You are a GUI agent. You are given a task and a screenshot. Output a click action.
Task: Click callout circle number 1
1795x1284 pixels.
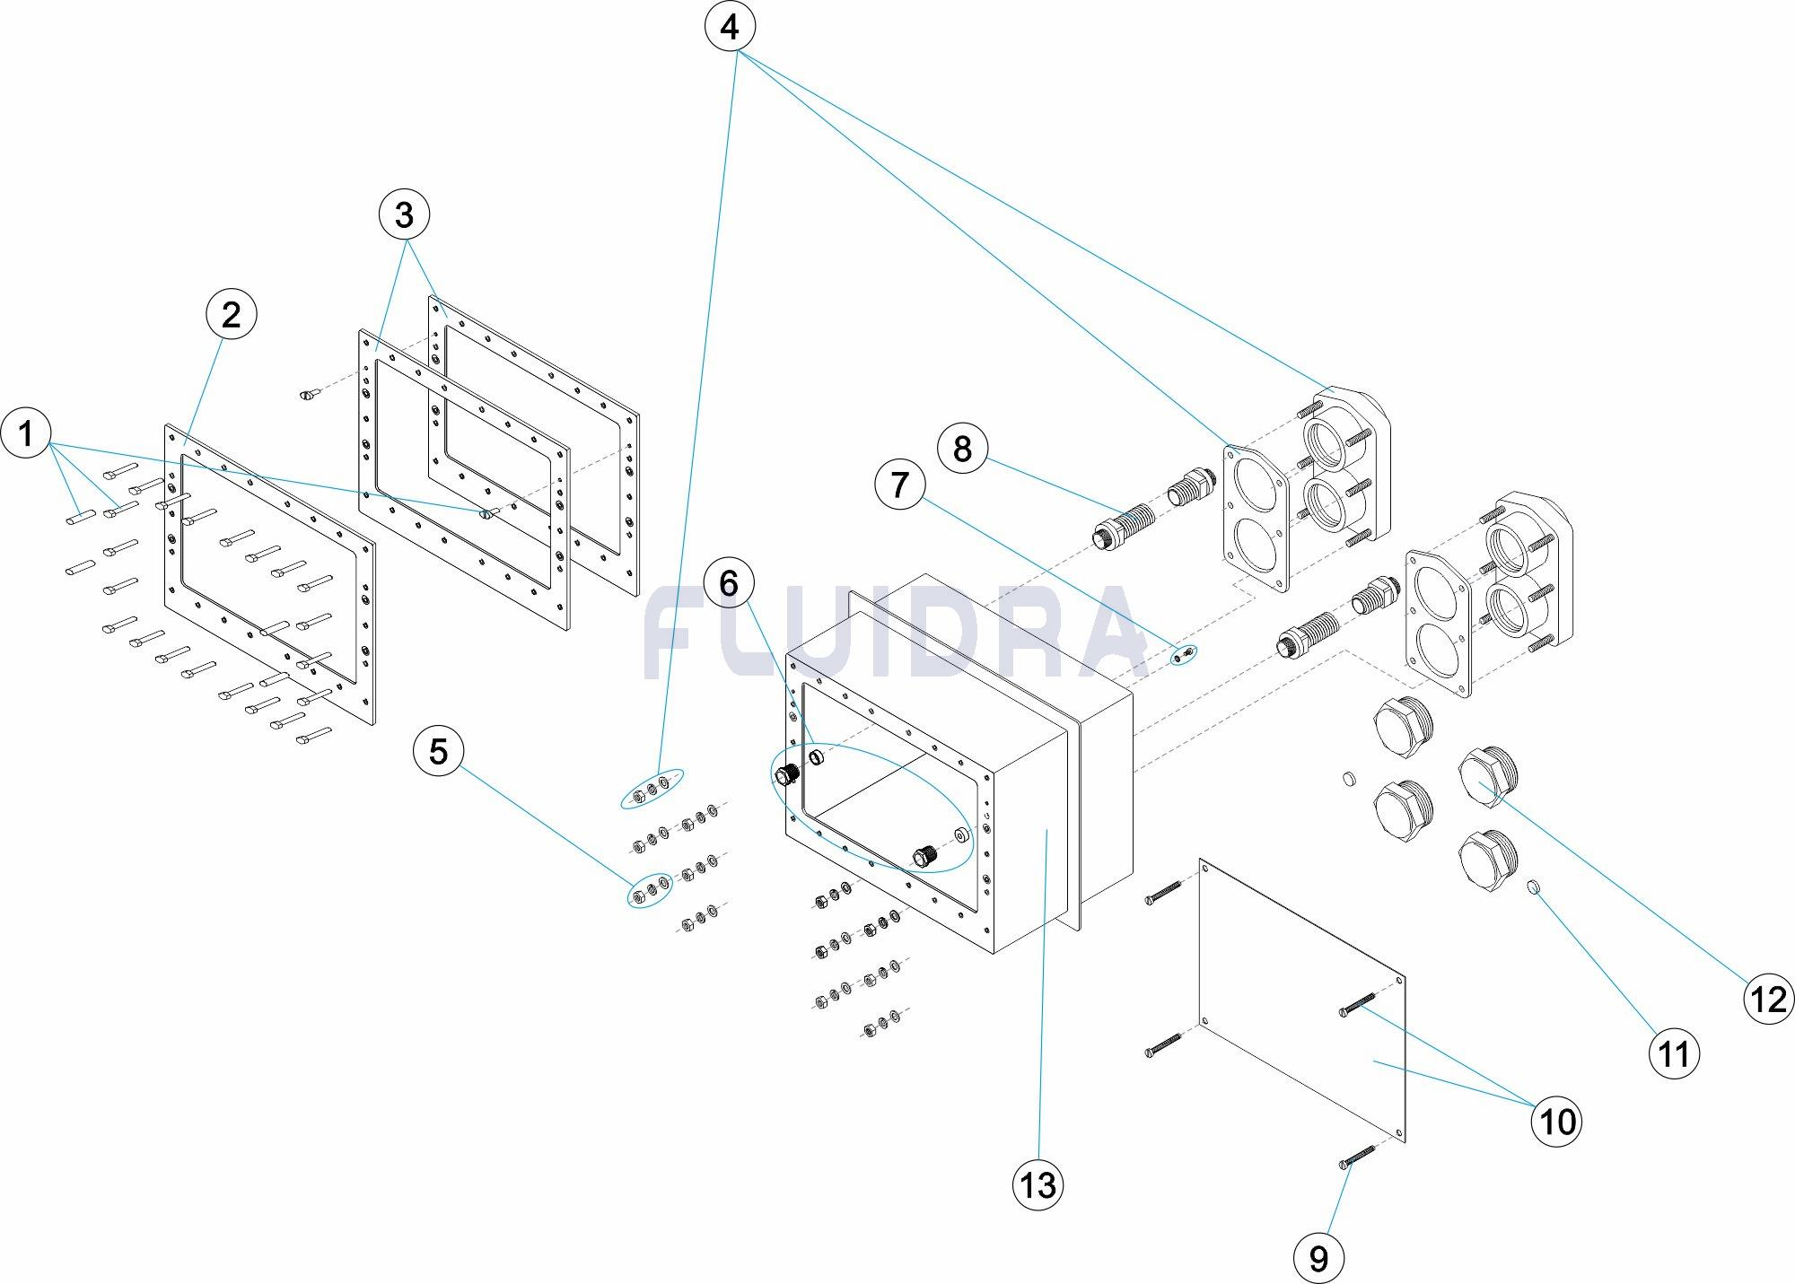click(x=27, y=433)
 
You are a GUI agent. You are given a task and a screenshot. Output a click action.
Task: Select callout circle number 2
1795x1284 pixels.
click(x=231, y=315)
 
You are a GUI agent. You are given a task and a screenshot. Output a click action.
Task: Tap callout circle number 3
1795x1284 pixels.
click(x=404, y=215)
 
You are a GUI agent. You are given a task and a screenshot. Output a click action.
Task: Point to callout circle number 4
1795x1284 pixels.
click(x=730, y=28)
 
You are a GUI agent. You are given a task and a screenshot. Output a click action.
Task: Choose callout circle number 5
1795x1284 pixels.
click(x=438, y=751)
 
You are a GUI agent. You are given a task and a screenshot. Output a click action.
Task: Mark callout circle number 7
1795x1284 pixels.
click(x=899, y=485)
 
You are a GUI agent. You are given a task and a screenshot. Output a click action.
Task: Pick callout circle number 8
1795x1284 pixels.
click(x=962, y=448)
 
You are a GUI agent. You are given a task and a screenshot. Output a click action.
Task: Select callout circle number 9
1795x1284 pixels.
click(x=1318, y=1258)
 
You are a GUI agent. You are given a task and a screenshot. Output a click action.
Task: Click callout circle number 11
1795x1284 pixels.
click(x=1674, y=1054)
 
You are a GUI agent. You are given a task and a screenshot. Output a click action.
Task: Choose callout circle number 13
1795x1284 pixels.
click(x=1038, y=1185)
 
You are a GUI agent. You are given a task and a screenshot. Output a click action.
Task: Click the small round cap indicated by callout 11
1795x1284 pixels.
click(x=1534, y=888)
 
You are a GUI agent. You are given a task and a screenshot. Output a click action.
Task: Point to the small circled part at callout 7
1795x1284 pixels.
click(x=1184, y=657)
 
